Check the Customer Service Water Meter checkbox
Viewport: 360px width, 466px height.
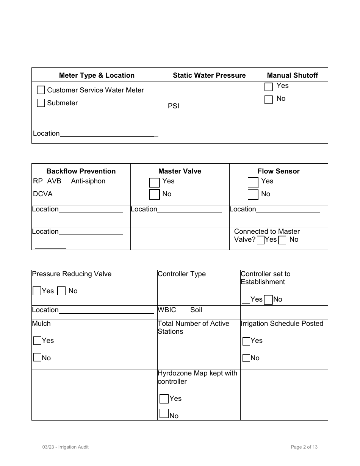[x=41, y=90]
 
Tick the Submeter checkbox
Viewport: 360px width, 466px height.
[x=41, y=103]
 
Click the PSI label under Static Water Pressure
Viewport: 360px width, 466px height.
[x=174, y=106]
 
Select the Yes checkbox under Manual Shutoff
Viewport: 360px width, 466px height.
[x=269, y=87]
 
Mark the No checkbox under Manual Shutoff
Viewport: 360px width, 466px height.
[x=269, y=100]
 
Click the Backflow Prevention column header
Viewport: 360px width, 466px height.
[x=81, y=171]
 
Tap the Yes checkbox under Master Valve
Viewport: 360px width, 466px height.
[x=154, y=182]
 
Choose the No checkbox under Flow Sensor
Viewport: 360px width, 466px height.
[x=253, y=195]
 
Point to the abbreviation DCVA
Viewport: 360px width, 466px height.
[x=42, y=194]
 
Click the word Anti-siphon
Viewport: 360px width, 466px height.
[x=88, y=181]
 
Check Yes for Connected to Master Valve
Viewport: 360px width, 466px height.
[x=260, y=240]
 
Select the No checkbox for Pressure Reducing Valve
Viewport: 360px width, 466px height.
[x=61, y=291]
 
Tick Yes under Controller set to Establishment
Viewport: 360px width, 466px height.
[x=246, y=300]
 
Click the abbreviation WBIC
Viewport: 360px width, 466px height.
[x=167, y=310]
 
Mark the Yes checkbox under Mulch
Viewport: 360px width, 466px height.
[x=37, y=341]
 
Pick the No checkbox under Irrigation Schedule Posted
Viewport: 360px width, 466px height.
[x=246, y=358]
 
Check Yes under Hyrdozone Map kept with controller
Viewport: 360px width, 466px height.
[x=164, y=399]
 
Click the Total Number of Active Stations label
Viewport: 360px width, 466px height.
[x=193, y=327]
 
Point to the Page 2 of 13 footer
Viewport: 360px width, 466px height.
[x=304, y=447]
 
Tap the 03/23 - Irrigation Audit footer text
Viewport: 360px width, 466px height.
[x=66, y=447]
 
